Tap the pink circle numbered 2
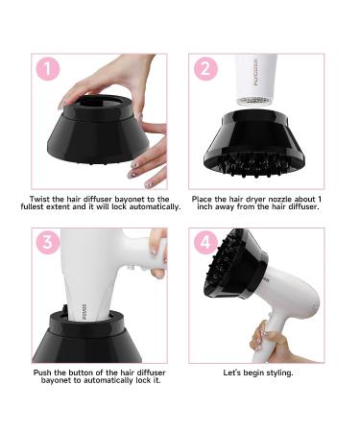[x=204, y=70]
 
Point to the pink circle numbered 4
[x=204, y=244]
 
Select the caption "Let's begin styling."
[x=258, y=372]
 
